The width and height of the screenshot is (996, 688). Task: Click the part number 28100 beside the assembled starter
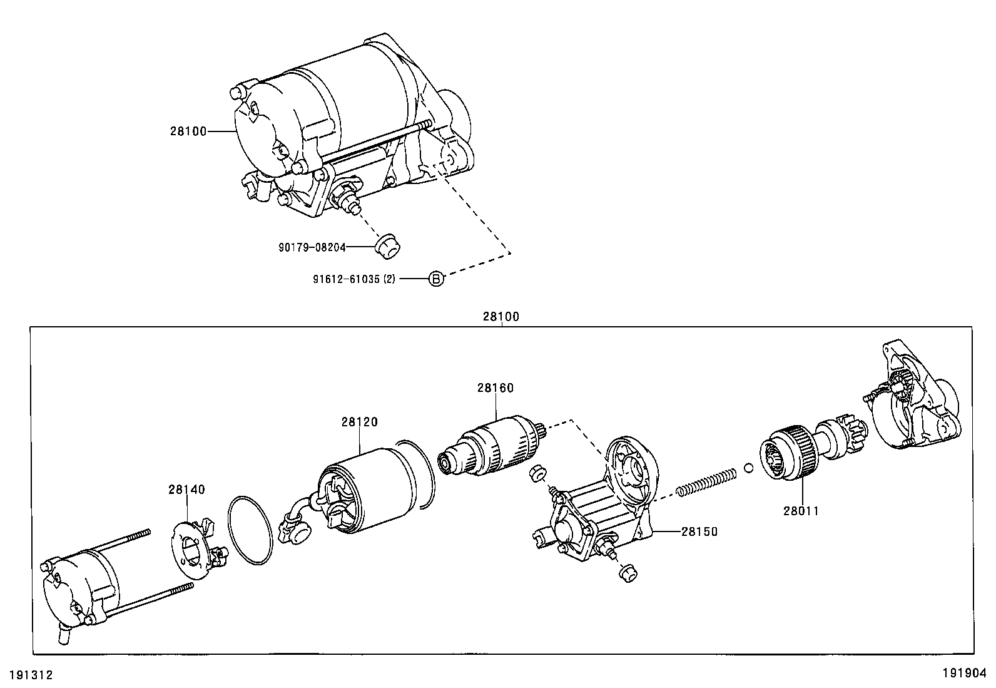tap(188, 131)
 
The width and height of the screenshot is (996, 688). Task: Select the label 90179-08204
tap(312, 247)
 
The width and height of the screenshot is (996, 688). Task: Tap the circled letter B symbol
tap(436, 279)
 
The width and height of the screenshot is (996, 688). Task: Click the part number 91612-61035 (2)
tap(354, 279)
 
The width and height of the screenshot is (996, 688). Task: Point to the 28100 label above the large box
tap(501, 317)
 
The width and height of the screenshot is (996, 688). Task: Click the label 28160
tap(495, 388)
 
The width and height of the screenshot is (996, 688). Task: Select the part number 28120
tap(360, 423)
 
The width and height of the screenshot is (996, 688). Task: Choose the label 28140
tap(186, 490)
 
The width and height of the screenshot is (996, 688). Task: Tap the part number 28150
tap(699, 531)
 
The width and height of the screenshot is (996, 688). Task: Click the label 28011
tap(801, 511)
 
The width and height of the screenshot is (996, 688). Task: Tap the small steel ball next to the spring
tap(749, 467)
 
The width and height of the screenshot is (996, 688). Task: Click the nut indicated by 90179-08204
tap(388, 245)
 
